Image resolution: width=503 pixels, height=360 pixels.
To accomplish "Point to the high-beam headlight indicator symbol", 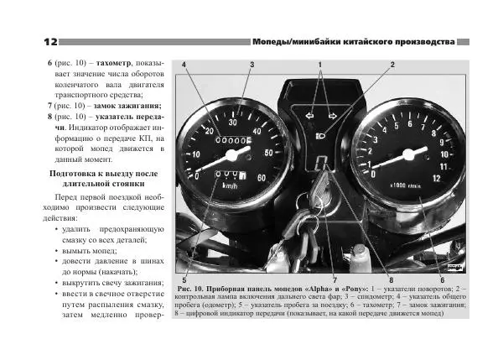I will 322,133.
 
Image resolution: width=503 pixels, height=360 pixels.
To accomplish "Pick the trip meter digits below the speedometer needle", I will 226,175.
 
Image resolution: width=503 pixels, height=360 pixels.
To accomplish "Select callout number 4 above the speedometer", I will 183,65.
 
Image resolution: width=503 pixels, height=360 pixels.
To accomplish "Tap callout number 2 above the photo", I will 392,65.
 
